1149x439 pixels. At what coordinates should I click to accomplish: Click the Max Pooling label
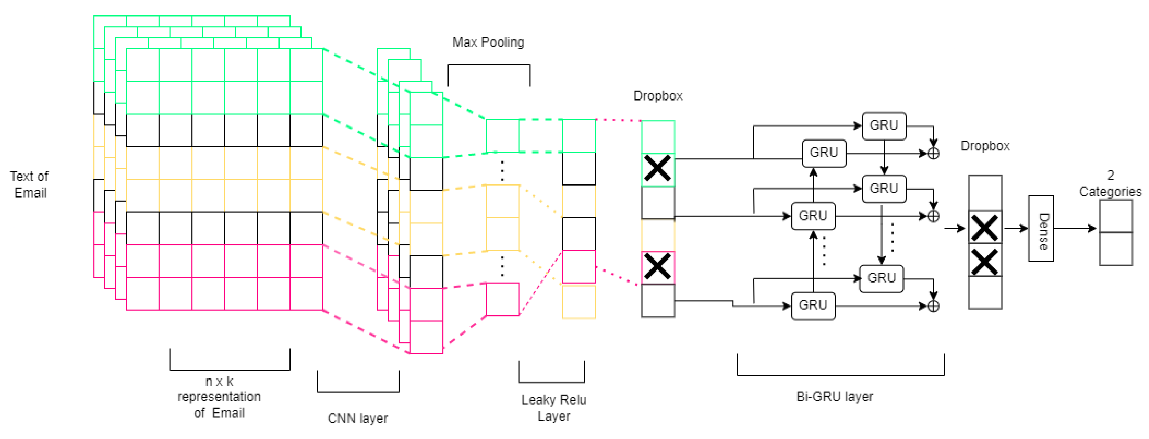(x=488, y=42)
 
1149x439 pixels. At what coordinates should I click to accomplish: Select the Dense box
(x=1041, y=229)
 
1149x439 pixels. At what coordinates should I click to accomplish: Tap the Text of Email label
(x=30, y=184)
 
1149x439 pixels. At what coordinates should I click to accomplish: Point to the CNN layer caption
(x=358, y=418)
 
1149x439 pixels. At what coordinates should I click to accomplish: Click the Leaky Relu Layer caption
(x=553, y=408)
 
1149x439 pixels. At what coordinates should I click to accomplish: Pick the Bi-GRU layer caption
(x=834, y=396)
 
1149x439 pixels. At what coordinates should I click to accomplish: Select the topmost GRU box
(x=884, y=126)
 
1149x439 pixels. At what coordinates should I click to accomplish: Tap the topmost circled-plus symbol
(x=933, y=153)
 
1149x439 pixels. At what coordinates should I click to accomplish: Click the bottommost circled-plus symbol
(x=933, y=306)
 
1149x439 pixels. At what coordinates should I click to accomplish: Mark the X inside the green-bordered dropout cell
(x=658, y=169)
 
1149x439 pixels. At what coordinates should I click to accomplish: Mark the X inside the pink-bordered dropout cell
(x=658, y=267)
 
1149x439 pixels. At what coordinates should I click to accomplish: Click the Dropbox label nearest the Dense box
(x=985, y=146)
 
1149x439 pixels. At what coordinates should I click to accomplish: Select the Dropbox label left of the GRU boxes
(x=658, y=96)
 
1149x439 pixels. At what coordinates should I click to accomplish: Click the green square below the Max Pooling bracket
(x=503, y=136)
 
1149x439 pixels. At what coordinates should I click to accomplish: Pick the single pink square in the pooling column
(x=503, y=299)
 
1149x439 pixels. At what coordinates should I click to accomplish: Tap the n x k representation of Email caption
(x=219, y=397)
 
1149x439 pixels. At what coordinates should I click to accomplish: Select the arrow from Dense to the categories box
(x=1075, y=229)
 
